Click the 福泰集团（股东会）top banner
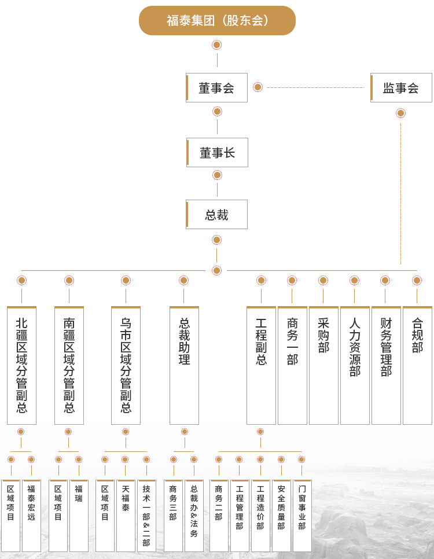pyautogui.click(x=217, y=21)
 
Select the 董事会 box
pyautogui.click(x=217, y=88)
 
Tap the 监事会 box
pyautogui.click(x=401, y=88)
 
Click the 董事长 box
pyautogui.click(x=217, y=153)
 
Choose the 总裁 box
pyautogui.click(x=217, y=215)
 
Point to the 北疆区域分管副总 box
pyautogui.click(x=21, y=365)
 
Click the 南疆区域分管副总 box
pyautogui.click(x=69, y=365)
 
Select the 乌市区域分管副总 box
pyautogui.click(x=126, y=365)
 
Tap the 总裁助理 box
pyautogui.click(x=184, y=365)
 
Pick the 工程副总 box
pyautogui.click(x=261, y=365)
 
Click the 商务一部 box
pyautogui.click(x=292, y=365)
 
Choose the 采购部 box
pyautogui.click(x=323, y=365)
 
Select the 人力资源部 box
pyautogui.click(x=355, y=365)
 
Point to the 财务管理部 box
pyautogui.click(x=386, y=365)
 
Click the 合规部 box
pyautogui.click(x=417, y=365)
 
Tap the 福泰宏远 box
pyautogui.click(x=31, y=516)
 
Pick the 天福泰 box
pyautogui.click(x=126, y=516)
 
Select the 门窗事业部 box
pyautogui.click(x=302, y=516)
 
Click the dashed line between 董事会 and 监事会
pyautogui.click(x=315, y=87)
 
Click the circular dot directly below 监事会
pyautogui.click(x=400, y=113)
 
